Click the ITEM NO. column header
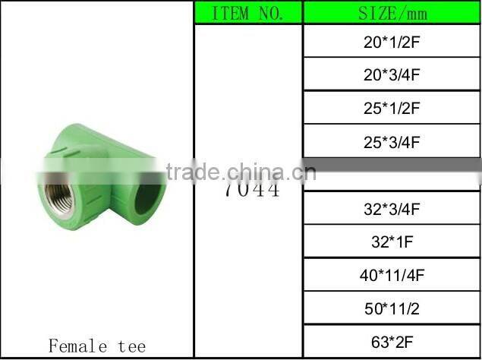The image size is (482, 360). tap(247, 13)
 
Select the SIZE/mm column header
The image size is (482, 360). tap(392, 13)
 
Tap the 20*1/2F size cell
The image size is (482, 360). tap(392, 41)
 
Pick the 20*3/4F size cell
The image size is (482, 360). tap(392, 74)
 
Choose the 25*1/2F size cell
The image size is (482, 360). tap(392, 108)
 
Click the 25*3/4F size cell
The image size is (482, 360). tap(392, 141)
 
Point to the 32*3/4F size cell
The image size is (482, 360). tap(392, 208)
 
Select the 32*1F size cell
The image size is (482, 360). tap(392, 242)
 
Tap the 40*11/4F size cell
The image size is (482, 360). tap(392, 275)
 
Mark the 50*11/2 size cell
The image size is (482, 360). tap(392, 308)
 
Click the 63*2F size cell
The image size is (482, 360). tap(392, 342)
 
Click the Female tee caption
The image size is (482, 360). tap(96, 346)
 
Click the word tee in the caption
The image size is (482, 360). tap(131, 346)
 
